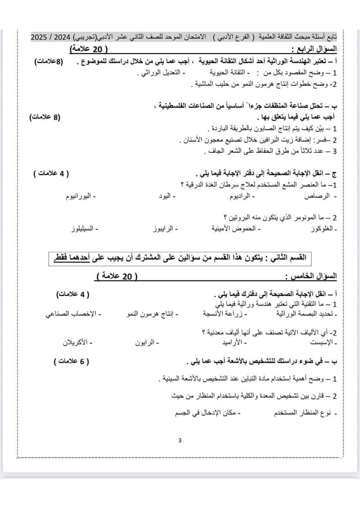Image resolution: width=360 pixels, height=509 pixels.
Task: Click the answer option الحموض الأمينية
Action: point(234,229)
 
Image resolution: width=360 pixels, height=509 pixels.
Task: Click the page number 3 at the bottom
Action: point(180,440)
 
